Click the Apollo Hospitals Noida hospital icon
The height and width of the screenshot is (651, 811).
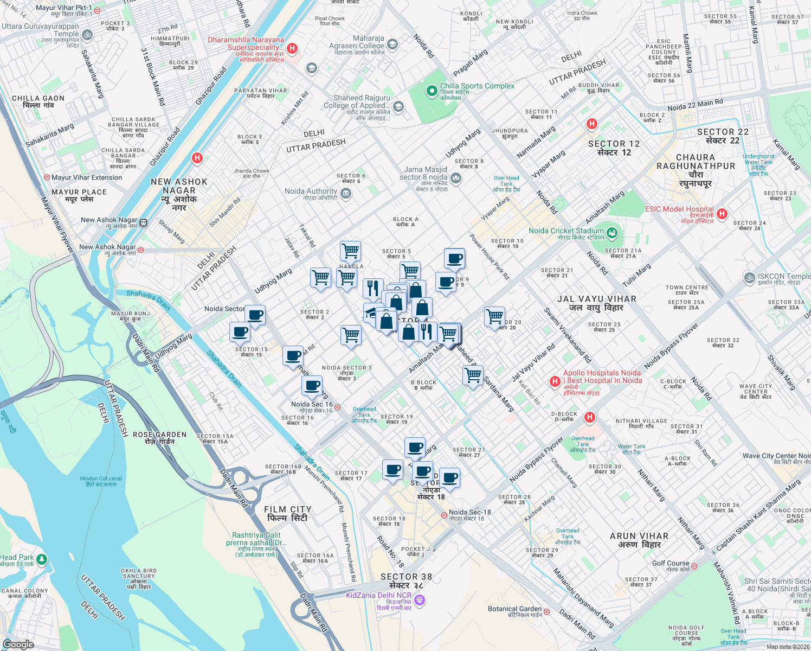[x=555, y=381]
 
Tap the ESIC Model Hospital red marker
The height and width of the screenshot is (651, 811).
[x=722, y=214]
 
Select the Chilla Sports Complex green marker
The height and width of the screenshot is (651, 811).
[x=432, y=91]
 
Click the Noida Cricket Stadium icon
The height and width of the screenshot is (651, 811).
[x=612, y=233]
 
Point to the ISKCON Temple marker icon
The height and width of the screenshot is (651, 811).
[x=749, y=278]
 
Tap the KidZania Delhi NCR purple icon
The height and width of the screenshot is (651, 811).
[x=420, y=600]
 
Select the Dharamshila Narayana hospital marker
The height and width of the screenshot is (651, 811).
[x=292, y=48]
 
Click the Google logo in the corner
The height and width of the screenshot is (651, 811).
[x=18, y=644]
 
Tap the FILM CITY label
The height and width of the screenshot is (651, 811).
[x=287, y=513]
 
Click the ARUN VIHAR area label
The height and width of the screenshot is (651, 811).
[x=639, y=540]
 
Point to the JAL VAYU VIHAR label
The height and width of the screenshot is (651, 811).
[x=596, y=303]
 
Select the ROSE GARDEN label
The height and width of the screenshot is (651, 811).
[x=159, y=438]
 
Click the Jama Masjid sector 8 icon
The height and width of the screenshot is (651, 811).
[x=456, y=178]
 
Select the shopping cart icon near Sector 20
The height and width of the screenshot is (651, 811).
[x=494, y=316]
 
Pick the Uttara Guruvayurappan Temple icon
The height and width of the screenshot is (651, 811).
[x=87, y=35]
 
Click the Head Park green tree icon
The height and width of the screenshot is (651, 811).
[x=42, y=559]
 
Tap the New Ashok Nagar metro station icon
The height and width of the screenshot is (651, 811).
[x=144, y=222]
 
